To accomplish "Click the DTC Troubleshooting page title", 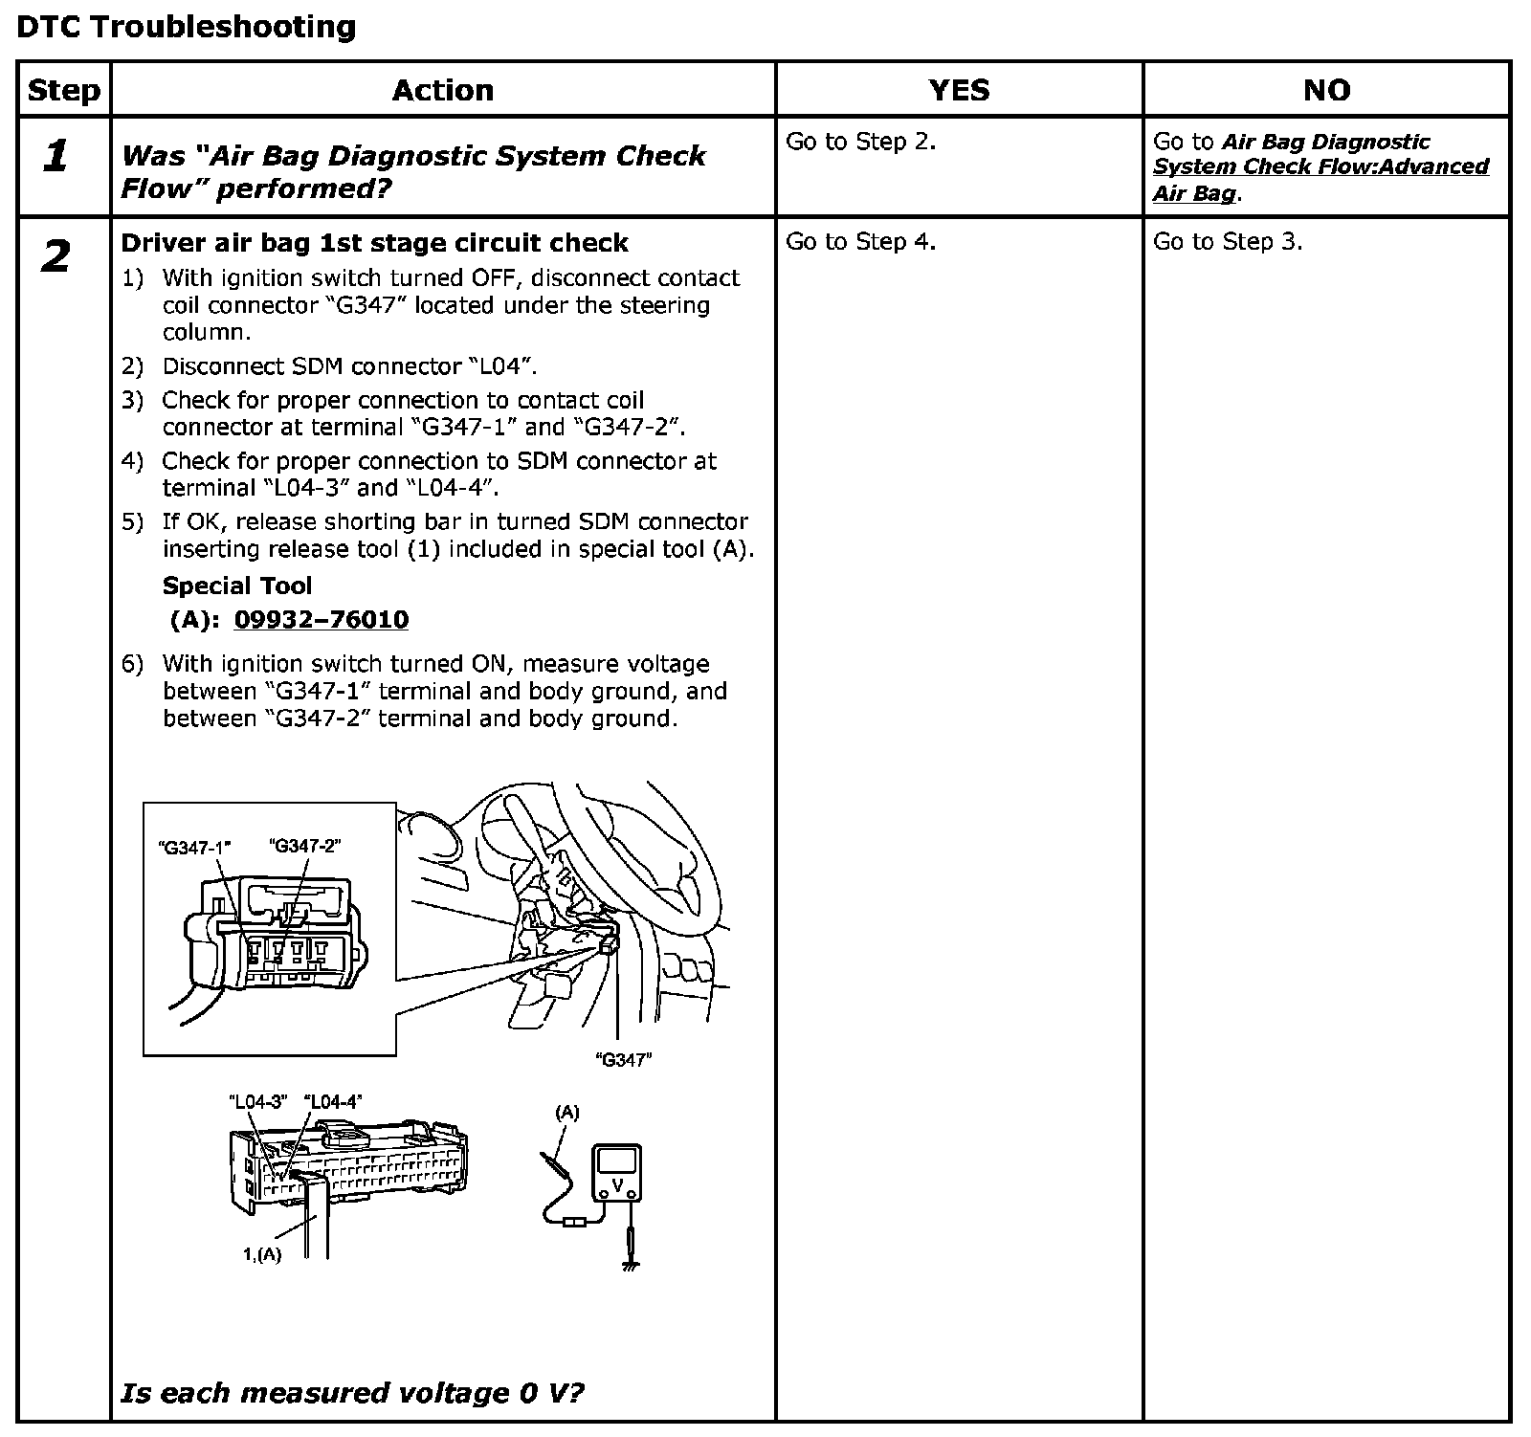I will tap(187, 26).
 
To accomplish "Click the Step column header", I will tap(64, 90).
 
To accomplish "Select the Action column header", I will tap(443, 90).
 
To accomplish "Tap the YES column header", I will tap(959, 90).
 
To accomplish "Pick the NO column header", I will tap(1326, 90).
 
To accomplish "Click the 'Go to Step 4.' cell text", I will tap(860, 242).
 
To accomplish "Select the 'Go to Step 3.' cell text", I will tap(1228, 242).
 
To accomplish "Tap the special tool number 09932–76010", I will tap(322, 620).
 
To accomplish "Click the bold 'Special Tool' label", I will tap(237, 586).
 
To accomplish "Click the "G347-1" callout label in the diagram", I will tap(194, 847).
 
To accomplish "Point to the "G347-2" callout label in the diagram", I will tap(305, 846).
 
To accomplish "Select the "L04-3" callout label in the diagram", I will tap(258, 1101).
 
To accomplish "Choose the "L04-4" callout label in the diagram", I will tap(333, 1101).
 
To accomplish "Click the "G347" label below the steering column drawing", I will tap(623, 1059).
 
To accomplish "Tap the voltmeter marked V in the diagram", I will tap(617, 1174).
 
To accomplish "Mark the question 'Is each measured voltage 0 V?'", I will tap(351, 1392).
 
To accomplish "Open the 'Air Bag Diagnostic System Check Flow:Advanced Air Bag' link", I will tap(1320, 167).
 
